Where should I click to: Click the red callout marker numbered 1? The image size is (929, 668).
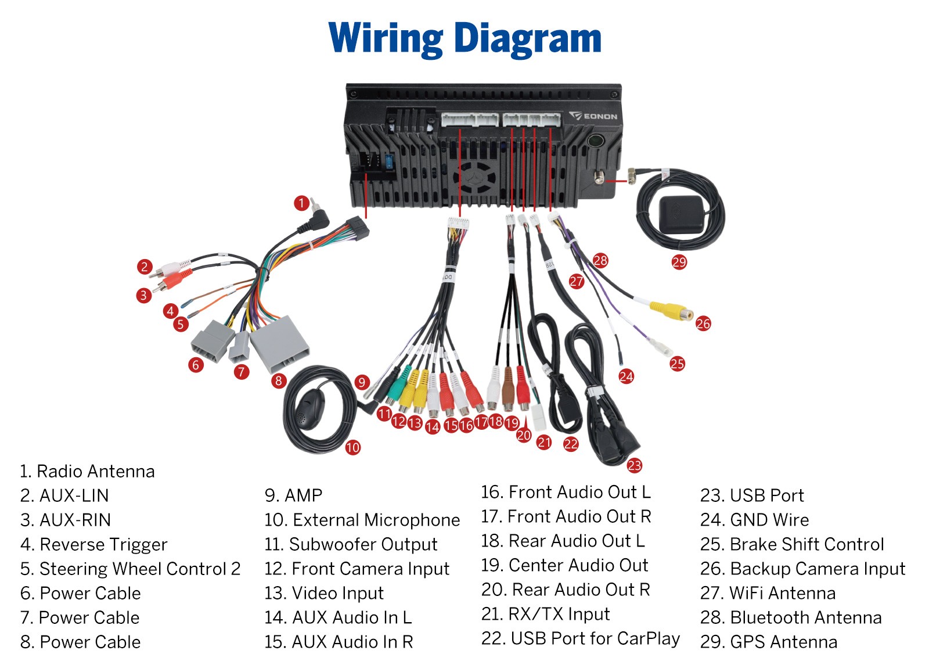point(301,203)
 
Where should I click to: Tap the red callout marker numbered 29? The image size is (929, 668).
point(679,262)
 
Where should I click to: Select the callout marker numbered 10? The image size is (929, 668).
point(352,447)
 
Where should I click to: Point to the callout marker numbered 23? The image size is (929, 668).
point(634,465)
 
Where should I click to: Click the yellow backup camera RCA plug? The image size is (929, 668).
point(671,310)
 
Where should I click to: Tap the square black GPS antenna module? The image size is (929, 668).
point(680,213)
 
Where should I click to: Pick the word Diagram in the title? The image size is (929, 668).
point(527,39)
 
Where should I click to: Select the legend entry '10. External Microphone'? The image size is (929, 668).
point(362,520)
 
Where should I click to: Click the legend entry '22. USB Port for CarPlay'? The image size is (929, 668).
point(580,638)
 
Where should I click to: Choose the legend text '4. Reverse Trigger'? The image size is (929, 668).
point(93,544)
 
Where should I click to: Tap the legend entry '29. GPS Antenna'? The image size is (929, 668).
point(768,642)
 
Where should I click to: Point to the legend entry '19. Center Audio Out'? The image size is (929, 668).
point(564,565)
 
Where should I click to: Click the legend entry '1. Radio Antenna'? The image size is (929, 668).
point(87,471)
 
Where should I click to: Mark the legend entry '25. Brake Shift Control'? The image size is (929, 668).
point(792,544)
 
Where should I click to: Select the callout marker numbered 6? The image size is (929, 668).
point(196,365)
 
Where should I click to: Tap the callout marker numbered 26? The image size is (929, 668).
point(703,324)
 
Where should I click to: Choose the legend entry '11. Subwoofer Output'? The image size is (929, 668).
point(351,544)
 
